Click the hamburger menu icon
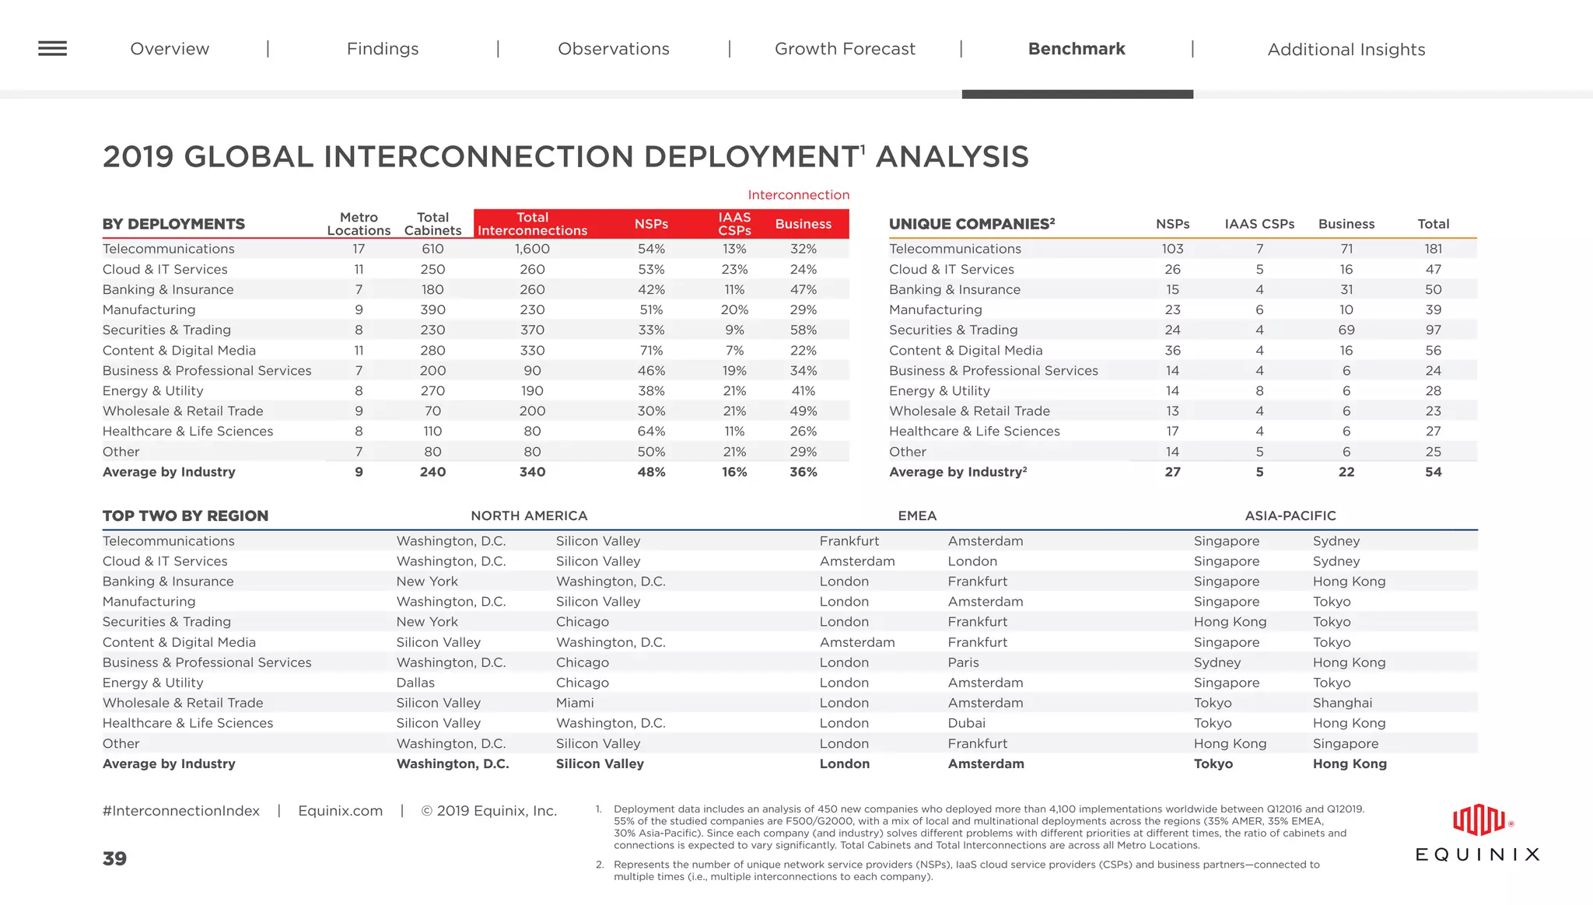pos(52,48)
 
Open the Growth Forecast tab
pos(845,49)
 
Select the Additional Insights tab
pos(1346,50)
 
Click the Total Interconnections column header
pos(532,224)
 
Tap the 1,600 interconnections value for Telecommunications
pos(532,249)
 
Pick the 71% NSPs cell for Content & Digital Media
pos(651,351)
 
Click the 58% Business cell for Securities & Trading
pos(803,330)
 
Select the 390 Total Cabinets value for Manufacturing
pos(432,309)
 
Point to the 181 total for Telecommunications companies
pos(1433,249)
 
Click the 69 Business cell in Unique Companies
pos(1346,330)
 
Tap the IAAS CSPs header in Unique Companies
pos(1259,224)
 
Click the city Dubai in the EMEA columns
pos(966,723)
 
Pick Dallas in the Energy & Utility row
pos(415,683)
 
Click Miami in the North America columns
pos(574,703)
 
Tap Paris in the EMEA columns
pos(963,662)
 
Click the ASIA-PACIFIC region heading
pos(1290,515)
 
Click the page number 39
pos(114,858)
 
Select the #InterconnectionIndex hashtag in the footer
pos(180,811)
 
